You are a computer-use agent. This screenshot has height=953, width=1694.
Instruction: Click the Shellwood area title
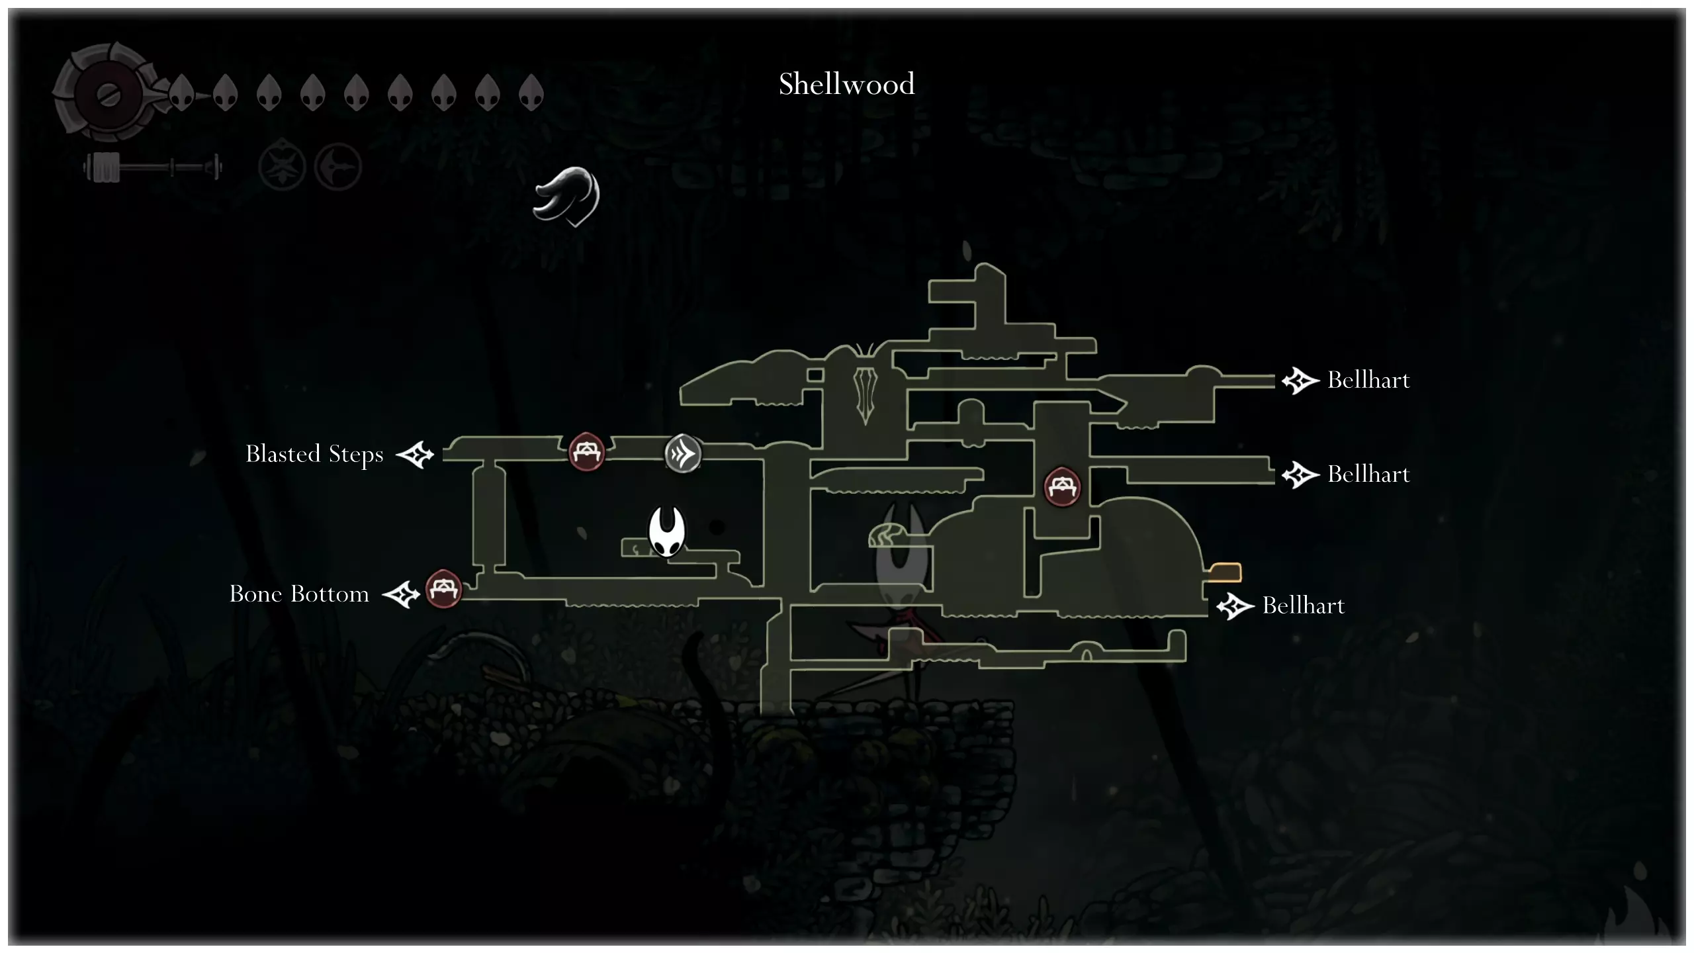(x=846, y=85)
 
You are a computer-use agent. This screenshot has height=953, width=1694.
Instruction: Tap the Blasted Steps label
(x=314, y=455)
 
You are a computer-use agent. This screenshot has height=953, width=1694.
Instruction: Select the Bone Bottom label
(x=299, y=594)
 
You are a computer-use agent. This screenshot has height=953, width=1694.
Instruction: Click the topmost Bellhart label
(x=1368, y=381)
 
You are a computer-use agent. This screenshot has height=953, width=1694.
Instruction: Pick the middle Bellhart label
(x=1368, y=475)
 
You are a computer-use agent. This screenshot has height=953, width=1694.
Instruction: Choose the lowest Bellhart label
(x=1303, y=606)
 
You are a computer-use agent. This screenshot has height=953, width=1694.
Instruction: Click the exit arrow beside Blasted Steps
(x=415, y=455)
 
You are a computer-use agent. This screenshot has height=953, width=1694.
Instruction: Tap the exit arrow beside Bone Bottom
(x=402, y=594)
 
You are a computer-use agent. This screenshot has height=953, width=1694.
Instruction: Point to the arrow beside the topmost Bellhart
(x=1300, y=381)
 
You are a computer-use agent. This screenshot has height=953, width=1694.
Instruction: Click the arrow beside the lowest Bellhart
(x=1235, y=606)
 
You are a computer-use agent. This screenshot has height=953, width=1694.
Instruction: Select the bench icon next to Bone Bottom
(x=443, y=588)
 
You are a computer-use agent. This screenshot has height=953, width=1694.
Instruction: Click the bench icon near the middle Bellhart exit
(x=1062, y=486)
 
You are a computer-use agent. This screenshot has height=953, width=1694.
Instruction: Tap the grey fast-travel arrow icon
(x=683, y=454)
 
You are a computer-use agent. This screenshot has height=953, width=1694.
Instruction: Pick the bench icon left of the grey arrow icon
(x=586, y=452)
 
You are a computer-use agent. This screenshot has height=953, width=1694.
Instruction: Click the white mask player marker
(x=666, y=531)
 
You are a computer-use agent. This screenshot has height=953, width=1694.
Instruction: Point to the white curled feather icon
(x=567, y=196)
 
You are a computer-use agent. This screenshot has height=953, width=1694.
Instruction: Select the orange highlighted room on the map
(x=1225, y=572)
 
